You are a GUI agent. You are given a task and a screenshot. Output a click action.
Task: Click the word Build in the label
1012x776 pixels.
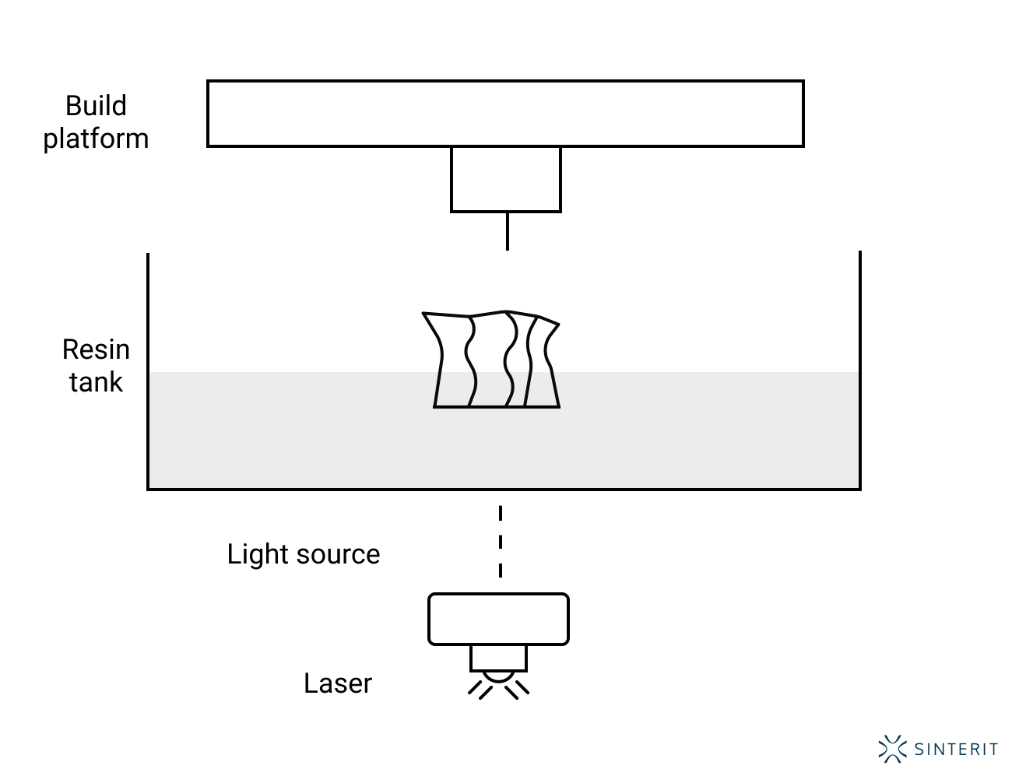click(96, 106)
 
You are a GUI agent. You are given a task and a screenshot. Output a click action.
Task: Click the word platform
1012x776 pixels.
click(96, 139)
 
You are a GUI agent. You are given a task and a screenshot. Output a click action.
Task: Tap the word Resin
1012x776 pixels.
click(96, 349)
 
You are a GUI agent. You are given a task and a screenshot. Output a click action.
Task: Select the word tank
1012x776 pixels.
click(96, 382)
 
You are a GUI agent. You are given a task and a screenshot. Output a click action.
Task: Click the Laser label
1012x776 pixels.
click(338, 683)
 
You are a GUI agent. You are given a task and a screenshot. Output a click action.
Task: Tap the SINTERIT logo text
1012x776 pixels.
click(956, 750)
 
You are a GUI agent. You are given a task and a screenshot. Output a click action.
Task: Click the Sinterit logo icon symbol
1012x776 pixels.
click(892, 749)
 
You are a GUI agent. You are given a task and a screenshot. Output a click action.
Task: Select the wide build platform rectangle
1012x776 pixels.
click(505, 114)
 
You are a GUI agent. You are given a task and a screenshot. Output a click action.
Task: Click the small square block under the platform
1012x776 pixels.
click(506, 179)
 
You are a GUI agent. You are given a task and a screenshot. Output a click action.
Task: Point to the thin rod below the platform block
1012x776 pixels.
click(508, 231)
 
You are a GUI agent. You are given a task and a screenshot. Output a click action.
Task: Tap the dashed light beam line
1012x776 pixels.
click(501, 542)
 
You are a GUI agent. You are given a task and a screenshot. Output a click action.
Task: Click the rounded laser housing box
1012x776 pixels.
click(498, 620)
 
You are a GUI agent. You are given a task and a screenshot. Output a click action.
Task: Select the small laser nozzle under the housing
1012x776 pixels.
click(498, 658)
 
